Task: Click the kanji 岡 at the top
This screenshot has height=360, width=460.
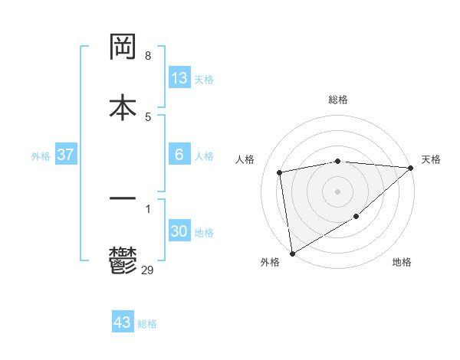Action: tap(123, 47)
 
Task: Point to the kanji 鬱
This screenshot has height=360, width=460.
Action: tap(123, 260)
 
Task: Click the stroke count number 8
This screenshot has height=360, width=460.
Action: tap(148, 56)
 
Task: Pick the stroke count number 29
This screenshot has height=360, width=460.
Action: tap(148, 270)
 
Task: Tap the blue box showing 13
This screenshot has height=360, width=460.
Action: tap(179, 78)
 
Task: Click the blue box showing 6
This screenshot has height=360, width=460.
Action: tap(179, 155)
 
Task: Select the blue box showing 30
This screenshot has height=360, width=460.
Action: tap(179, 231)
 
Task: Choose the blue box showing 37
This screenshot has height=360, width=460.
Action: tap(66, 155)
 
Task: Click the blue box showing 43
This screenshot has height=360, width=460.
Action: tap(123, 322)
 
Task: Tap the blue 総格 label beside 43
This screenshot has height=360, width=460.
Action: tap(147, 324)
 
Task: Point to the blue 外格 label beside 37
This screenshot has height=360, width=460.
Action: tap(41, 155)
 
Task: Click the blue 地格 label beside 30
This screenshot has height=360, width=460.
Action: tap(204, 232)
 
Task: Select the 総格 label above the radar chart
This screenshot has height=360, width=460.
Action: tap(338, 100)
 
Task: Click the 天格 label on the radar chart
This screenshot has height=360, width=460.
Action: tap(431, 159)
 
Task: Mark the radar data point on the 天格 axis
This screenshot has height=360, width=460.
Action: tap(411, 168)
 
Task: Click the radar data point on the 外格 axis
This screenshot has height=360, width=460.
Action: tap(292, 253)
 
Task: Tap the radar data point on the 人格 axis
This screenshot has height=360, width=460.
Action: tap(280, 172)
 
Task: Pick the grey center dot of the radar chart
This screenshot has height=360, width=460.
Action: tap(338, 191)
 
